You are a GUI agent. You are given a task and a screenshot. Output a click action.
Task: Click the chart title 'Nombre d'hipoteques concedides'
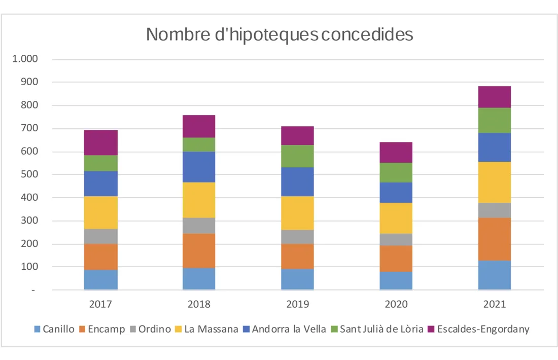pos(280,34)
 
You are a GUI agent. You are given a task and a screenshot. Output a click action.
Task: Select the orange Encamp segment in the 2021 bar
pos(494,239)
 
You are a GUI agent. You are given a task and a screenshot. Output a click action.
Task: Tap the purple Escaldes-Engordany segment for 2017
pos(101,142)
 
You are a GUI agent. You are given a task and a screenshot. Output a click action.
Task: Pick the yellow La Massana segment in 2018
pos(199,200)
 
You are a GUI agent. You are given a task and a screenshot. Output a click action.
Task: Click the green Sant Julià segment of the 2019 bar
pos(297,156)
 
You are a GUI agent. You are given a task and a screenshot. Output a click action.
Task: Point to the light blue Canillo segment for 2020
pos(396,280)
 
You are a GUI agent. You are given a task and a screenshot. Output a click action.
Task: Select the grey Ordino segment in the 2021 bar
pos(494,210)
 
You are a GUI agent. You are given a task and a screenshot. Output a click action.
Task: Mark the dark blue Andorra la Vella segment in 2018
pos(199,167)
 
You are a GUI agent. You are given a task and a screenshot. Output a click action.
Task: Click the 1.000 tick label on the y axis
pos(25,59)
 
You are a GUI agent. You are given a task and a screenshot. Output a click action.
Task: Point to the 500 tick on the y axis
pos(29,174)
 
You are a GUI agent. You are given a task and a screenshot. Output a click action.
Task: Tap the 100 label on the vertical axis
pos(29,267)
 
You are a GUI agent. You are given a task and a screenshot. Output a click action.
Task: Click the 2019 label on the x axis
pos(297,304)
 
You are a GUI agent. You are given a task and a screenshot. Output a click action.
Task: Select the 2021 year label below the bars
pos(494,304)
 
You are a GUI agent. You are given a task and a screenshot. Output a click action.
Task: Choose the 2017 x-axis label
pos(101,304)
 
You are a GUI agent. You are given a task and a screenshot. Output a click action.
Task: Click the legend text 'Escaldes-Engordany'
pos(483,329)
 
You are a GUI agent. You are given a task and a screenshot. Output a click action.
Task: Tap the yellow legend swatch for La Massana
pos(178,330)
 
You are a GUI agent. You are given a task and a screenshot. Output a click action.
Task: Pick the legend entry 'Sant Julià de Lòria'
pos(381,329)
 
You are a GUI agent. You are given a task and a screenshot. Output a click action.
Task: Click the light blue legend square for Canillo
pos(37,330)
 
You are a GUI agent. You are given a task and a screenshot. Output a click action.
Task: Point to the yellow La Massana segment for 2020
pos(396,218)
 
